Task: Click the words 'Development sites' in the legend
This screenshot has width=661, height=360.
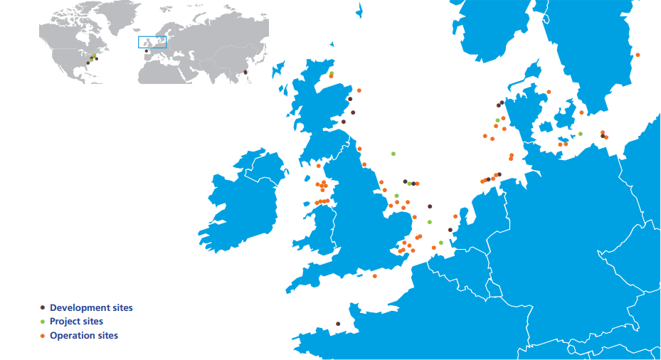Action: (91, 307)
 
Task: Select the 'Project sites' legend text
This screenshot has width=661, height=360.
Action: (76, 322)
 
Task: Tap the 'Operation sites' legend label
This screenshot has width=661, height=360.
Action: (84, 335)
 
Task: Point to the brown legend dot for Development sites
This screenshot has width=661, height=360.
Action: (43, 307)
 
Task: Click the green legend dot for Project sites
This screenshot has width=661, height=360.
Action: (43, 322)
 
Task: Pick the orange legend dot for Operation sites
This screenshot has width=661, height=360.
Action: (43, 335)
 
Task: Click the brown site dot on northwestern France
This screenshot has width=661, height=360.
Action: (337, 324)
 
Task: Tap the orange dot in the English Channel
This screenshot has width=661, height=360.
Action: (374, 276)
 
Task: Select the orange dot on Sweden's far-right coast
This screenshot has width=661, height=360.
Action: (638, 55)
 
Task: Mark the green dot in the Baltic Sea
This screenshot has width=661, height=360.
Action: (581, 134)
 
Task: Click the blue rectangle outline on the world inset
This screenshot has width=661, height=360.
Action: (152, 42)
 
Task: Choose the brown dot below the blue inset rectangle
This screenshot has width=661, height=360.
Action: (146, 51)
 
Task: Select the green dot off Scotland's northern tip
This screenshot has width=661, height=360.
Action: (332, 73)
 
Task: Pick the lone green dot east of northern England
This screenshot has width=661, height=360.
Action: (393, 153)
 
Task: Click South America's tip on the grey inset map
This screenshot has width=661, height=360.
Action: (107, 83)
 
